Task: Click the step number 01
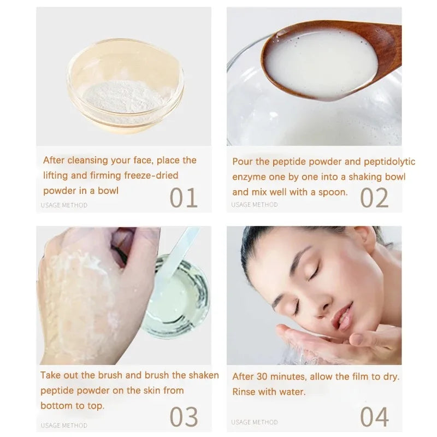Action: [x=184, y=198]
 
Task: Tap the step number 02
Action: [x=375, y=198]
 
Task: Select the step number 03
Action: [x=184, y=416]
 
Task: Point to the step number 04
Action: [x=375, y=416]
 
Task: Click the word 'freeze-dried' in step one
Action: [x=151, y=175]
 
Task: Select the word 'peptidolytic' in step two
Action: [x=388, y=161]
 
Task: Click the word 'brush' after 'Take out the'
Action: [x=111, y=375]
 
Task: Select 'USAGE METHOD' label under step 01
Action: [x=64, y=205]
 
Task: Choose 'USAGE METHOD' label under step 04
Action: [x=254, y=422]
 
